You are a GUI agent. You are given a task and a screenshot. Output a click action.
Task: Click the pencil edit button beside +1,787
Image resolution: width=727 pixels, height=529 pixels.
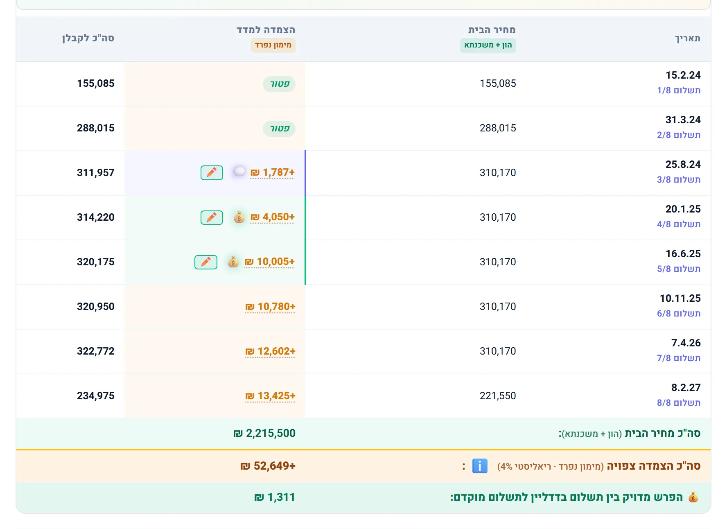tap(212, 173)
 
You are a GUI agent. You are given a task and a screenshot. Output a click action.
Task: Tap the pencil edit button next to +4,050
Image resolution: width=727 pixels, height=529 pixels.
tap(212, 217)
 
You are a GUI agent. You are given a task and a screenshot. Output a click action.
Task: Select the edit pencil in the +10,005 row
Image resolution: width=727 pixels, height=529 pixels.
tap(206, 262)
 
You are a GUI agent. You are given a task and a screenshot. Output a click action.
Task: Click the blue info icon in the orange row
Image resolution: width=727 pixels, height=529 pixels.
tap(480, 466)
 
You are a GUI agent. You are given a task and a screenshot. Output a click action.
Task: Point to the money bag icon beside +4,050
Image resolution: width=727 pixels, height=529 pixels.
tap(239, 217)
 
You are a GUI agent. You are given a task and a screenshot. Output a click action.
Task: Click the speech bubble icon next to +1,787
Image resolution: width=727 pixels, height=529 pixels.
tap(239, 172)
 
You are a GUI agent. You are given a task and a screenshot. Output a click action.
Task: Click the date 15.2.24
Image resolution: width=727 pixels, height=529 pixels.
tap(683, 75)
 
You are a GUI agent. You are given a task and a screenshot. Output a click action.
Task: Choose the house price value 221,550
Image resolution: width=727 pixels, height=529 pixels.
tap(498, 396)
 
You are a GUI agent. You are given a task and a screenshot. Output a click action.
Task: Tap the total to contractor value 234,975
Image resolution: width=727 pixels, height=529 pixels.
tap(96, 396)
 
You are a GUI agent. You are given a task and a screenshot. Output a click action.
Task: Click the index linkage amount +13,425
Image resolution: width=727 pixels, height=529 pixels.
tap(270, 396)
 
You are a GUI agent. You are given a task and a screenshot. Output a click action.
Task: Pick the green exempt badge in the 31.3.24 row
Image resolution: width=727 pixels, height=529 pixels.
tap(279, 129)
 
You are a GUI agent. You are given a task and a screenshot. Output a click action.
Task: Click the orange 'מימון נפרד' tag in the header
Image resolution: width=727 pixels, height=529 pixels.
tap(273, 45)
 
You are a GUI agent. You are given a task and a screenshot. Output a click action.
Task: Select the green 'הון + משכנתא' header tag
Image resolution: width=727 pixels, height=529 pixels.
tap(488, 45)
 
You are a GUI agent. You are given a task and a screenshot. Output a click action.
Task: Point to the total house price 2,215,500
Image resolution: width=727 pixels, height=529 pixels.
tap(264, 433)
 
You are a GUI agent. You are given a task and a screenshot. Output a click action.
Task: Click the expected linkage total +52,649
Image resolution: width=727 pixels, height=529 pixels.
tap(268, 466)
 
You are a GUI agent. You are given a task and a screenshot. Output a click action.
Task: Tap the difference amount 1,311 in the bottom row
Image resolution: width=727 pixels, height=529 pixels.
tap(275, 497)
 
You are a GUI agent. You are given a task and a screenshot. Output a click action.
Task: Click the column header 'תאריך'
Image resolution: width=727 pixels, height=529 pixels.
tap(688, 38)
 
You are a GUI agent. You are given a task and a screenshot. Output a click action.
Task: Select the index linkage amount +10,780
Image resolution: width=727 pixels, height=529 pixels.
tap(270, 307)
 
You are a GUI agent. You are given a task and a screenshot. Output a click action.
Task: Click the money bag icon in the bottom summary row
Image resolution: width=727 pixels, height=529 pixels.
tap(693, 497)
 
